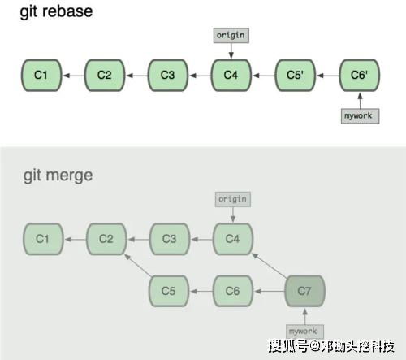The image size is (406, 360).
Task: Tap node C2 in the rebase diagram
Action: tap(104, 76)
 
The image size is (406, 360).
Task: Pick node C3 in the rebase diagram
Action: tap(167, 76)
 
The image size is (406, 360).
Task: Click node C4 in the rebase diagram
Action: tap(231, 76)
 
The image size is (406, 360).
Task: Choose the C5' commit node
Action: tap(296, 76)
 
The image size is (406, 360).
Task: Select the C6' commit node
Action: tap(359, 76)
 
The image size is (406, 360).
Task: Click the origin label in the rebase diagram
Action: tap(231, 36)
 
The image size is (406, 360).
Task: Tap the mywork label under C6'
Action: tap(359, 115)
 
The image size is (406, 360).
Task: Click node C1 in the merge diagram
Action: tap(41, 239)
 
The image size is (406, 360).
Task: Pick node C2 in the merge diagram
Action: tap(105, 239)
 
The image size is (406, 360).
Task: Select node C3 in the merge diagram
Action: tap(169, 239)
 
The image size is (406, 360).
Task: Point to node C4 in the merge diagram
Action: tap(233, 239)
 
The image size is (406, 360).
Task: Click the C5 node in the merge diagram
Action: tap(169, 290)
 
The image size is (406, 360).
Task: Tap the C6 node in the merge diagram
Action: tap(233, 290)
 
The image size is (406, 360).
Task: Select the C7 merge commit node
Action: tap(304, 290)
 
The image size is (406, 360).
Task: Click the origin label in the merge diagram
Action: tap(233, 199)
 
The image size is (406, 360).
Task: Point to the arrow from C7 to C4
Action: tap(269, 265)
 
